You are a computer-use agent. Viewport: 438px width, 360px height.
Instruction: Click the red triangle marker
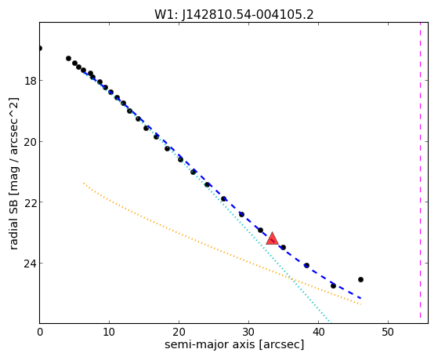[272, 239]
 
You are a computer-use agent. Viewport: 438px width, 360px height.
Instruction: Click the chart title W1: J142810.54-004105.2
[234, 15]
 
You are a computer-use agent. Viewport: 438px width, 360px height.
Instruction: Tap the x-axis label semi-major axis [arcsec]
[234, 344]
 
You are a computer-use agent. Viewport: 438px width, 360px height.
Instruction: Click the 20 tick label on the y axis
[30, 142]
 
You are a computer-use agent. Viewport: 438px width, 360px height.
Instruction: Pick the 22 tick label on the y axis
[30, 202]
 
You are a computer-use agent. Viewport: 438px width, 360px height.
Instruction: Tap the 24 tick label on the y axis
[30, 264]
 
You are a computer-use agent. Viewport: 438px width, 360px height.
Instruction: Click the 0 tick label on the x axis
[40, 332]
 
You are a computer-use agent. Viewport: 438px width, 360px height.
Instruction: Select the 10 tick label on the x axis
[109, 332]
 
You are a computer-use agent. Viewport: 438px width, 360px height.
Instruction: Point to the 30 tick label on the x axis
[248, 332]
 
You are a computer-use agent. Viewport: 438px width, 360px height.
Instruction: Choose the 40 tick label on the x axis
[318, 332]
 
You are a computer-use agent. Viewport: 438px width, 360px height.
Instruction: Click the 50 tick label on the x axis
[388, 332]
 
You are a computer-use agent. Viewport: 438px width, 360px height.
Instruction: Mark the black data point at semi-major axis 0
[40, 49]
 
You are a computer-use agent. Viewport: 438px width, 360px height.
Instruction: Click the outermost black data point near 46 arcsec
[360, 279]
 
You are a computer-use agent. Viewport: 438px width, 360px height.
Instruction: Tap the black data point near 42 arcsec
[333, 285]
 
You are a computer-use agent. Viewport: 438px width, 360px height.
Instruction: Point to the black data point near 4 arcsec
[68, 59]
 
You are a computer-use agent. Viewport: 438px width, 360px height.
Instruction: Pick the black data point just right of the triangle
[283, 247]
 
